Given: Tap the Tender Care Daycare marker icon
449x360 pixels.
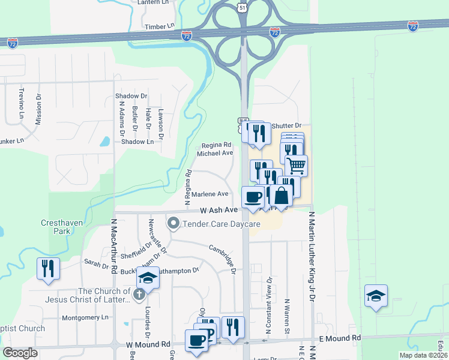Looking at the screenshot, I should click(x=174, y=224).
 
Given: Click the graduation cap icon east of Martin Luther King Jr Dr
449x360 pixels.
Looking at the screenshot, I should click(x=376, y=295).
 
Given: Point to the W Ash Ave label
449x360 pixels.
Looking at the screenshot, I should click(x=219, y=211).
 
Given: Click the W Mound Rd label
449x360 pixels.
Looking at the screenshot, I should click(x=148, y=344).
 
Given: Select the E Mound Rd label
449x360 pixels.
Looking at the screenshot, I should click(x=340, y=338).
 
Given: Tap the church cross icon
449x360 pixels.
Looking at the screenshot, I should click(x=139, y=294).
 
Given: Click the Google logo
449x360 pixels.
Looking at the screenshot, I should click(x=20, y=353).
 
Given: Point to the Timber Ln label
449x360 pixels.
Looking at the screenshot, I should click(x=159, y=28).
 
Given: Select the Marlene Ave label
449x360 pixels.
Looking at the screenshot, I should click(x=214, y=194).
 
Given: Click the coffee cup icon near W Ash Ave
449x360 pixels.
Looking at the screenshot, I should click(x=253, y=197).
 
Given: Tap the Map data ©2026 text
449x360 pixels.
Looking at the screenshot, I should click(x=423, y=355).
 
